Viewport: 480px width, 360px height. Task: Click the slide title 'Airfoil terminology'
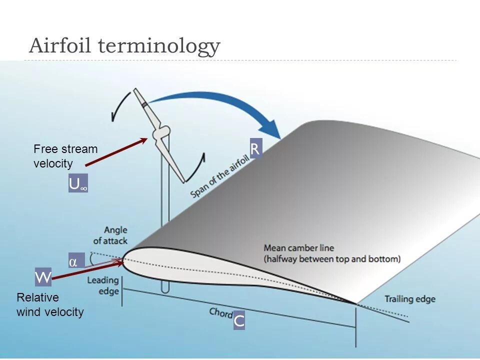pos(124,46)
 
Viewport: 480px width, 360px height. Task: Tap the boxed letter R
pos(255,149)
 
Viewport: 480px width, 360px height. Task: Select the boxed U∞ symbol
pos(78,184)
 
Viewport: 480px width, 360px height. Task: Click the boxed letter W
pos(43,276)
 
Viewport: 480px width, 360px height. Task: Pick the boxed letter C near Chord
pos(239,321)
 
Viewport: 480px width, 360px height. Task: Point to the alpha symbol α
pos(73,262)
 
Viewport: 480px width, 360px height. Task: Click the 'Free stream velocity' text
pos(65,156)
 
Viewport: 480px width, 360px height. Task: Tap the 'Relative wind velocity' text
pos(50,305)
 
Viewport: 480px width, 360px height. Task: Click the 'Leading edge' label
pos(103,285)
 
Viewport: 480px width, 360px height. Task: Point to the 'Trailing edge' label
pos(409,299)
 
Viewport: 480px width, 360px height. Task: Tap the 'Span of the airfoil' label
pos(220,175)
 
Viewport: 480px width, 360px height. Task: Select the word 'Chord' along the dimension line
pos(220,312)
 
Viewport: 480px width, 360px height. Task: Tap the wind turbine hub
pos(161,134)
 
